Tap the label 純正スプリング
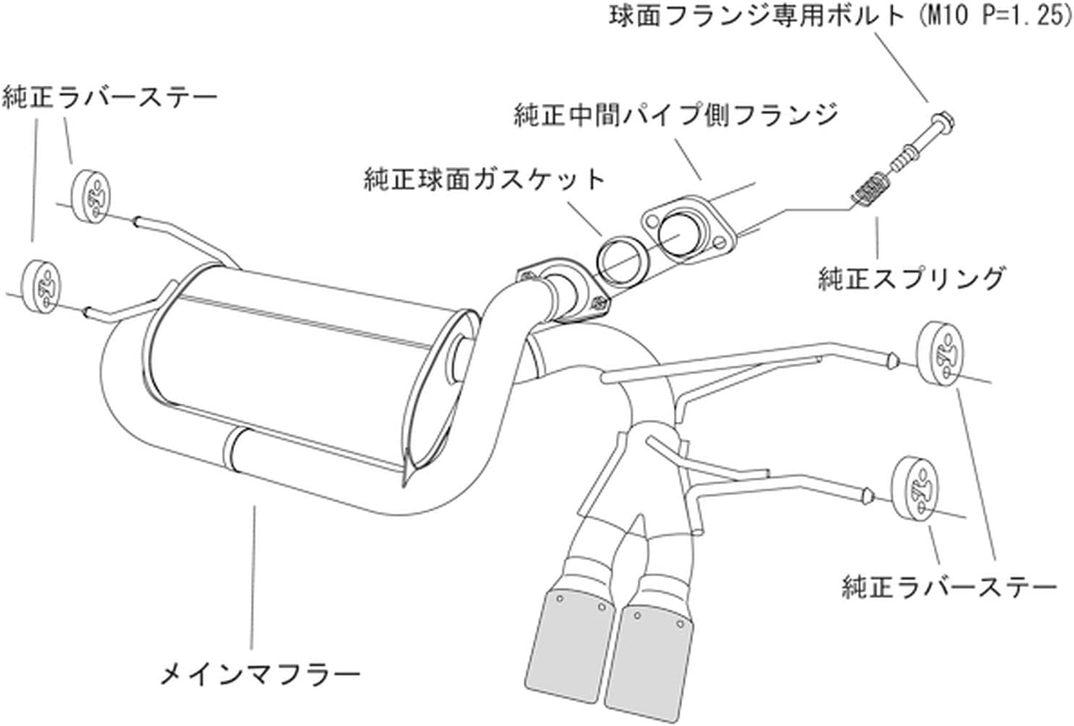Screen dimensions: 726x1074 click(911, 278)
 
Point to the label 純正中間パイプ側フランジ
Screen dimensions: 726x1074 click(676, 115)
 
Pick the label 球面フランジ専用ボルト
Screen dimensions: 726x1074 click(757, 16)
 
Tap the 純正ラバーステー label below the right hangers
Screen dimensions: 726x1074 click(949, 587)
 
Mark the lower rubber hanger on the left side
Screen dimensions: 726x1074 click(41, 282)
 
